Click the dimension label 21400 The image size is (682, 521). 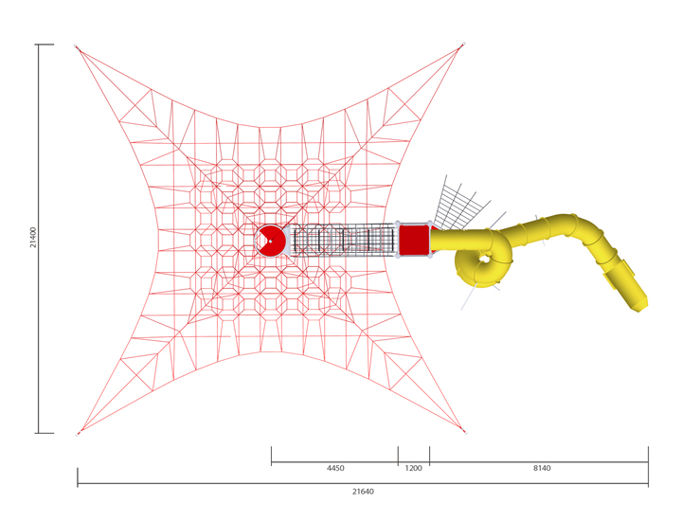point(33,237)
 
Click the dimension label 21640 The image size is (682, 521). point(363,492)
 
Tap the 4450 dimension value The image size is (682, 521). point(335,468)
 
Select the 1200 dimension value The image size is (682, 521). point(414,468)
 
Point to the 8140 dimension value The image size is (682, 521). point(542,468)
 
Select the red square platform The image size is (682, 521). point(414,240)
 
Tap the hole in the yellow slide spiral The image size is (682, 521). point(484,260)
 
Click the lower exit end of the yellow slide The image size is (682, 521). point(639,304)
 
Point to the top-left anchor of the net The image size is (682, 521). point(76,45)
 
